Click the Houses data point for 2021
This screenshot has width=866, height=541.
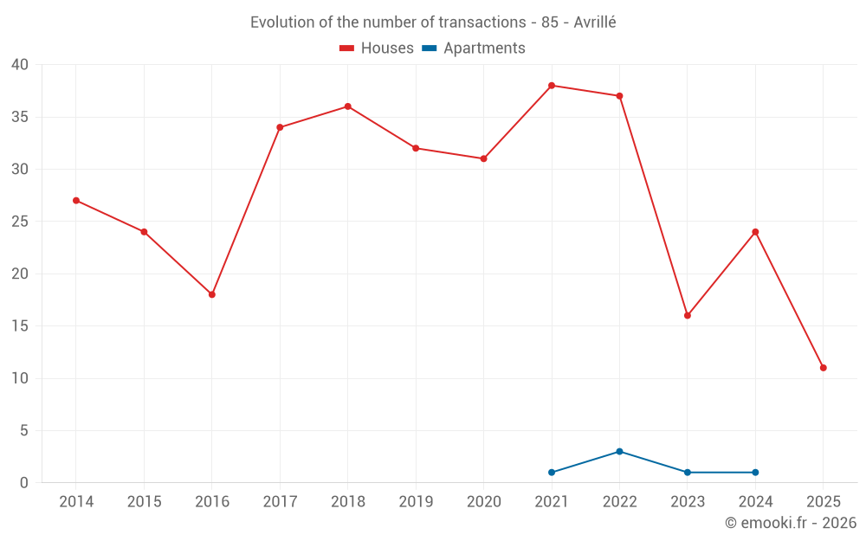click(552, 86)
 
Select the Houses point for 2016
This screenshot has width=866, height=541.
click(212, 294)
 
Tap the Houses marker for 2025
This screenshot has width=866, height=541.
click(823, 368)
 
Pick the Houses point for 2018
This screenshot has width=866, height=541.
click(347, 106)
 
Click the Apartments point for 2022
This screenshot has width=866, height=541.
click(619, 452)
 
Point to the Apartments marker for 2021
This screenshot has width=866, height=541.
click(552, 473)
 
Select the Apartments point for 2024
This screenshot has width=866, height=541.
click(755, 473)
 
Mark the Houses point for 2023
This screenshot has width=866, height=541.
click(688, 315)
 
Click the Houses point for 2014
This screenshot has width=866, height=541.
click(76, 201)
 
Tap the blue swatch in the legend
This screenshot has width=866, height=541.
click(430, 48)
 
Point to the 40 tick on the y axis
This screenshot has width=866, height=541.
click(20, 65)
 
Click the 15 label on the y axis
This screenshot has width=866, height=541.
click(20, 326)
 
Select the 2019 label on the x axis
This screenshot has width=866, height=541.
click(416, 502)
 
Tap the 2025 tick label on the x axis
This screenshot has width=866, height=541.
click(823, 502)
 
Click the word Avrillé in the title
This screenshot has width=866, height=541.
click(594, 23)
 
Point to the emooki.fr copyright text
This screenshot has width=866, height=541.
click(791, 523)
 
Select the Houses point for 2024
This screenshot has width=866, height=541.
click(755, 232)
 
